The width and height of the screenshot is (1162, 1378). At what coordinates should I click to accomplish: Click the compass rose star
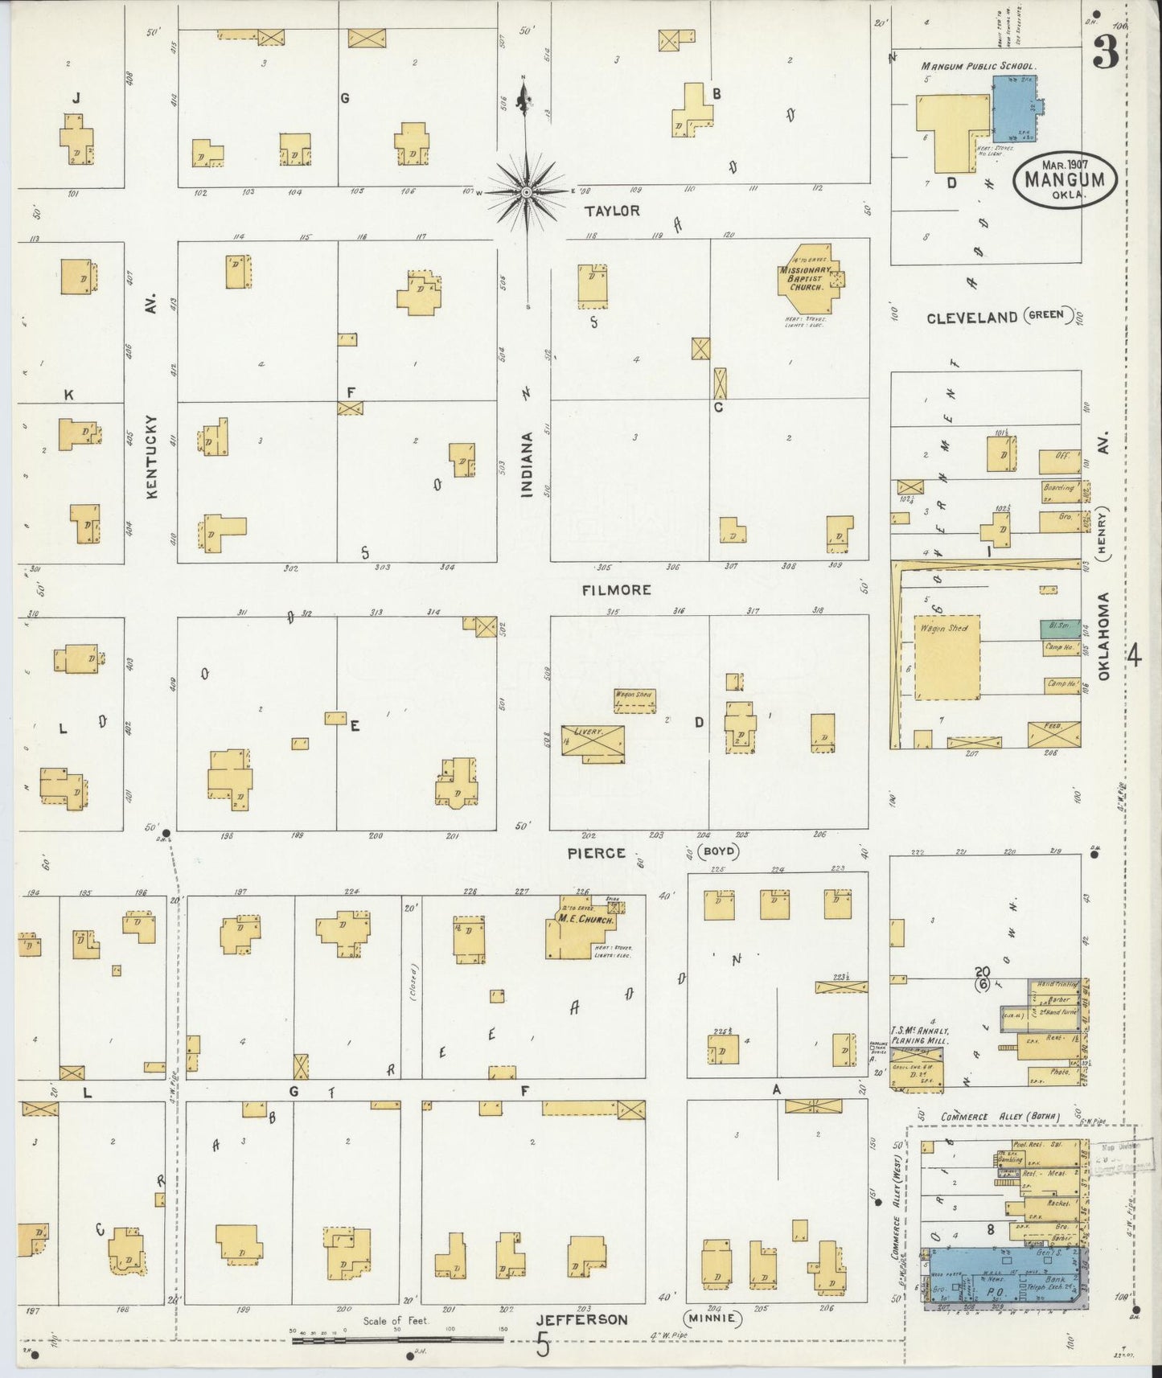click(526, 192)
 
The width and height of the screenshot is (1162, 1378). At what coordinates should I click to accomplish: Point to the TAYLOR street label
click(612, 211)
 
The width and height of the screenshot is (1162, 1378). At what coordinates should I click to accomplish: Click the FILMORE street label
click(617, 590)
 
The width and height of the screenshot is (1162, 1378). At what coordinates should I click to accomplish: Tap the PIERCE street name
click(596, 853)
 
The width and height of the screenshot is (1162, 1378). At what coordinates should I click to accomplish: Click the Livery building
click(593, 741)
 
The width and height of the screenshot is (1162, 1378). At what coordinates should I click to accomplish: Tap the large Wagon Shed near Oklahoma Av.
click(947, 658)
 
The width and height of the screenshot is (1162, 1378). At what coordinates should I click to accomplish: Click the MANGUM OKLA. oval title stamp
click(1066, 180)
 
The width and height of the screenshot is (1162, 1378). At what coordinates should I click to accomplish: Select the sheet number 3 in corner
click(1106, 53)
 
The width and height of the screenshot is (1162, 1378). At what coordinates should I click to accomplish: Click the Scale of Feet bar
click(398, 1340)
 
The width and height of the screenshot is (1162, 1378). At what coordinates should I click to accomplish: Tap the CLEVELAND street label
click(972, 318)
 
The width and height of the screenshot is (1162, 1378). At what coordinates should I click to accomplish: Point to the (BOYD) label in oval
click(718, 851)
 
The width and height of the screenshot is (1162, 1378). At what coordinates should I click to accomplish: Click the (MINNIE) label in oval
click(712, 1319)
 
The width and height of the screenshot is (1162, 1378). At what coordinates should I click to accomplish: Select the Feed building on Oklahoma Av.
click(1053, 734)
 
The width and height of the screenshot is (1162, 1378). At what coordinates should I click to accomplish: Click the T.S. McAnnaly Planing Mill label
click(919, 1036)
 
